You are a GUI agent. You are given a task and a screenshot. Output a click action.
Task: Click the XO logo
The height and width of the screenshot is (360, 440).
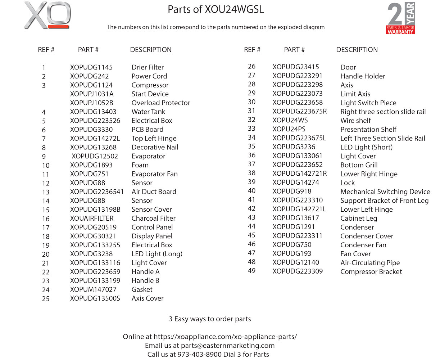coord(47,15)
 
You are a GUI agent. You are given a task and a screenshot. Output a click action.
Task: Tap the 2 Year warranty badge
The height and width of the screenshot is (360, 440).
coord(401,19)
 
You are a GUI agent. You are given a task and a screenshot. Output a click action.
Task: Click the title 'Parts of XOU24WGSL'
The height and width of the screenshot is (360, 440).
coord(216,9)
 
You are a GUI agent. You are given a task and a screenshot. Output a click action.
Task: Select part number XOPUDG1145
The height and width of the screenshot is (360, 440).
coord(91,67)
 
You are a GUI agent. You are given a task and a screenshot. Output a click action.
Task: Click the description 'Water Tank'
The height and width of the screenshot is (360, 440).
coord(148,112)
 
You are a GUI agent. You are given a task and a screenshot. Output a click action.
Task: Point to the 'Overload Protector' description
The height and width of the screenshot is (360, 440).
coord(160,103)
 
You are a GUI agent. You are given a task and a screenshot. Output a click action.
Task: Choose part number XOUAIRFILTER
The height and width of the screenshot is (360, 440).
coord(92,218)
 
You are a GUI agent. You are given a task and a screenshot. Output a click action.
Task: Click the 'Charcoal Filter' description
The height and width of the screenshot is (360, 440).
coord(153,218)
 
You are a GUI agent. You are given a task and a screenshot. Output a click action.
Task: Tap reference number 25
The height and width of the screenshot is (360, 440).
coord(46,299)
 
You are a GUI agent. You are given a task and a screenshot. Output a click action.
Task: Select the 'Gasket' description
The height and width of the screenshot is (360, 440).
coord(142,289)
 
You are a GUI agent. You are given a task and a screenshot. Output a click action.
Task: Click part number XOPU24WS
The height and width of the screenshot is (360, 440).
coord(290,120)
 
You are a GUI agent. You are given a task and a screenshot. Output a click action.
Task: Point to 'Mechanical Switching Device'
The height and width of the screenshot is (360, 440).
coord(385,192)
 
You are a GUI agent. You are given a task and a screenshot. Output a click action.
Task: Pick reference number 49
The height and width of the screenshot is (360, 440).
coord(251,271)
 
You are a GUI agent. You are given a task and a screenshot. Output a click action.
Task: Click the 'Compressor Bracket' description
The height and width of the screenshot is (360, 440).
coord(371,272)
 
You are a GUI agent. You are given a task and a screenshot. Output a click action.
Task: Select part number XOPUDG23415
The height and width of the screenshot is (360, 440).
coord(296,67)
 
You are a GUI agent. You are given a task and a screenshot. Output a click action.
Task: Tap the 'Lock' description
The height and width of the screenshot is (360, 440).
coord(347,183)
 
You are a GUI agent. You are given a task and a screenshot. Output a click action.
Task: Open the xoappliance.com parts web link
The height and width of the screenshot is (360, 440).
coord(225,337)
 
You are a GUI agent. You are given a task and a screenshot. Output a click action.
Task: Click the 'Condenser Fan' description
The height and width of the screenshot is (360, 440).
coord(363,245)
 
